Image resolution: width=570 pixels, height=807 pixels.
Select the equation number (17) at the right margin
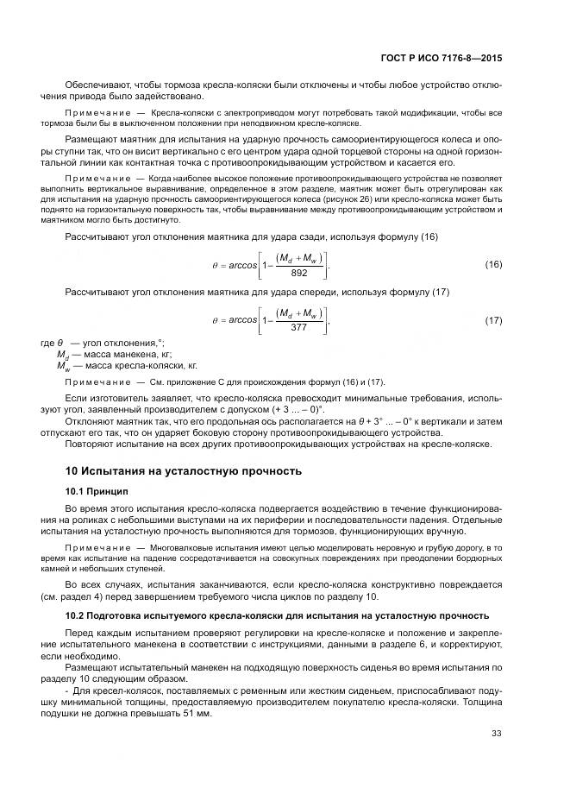493,320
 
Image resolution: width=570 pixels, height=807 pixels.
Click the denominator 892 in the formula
299,273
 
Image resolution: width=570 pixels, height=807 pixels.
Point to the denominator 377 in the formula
299,329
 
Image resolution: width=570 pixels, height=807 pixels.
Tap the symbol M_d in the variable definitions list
62,355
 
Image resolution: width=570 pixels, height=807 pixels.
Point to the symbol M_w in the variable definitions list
62,365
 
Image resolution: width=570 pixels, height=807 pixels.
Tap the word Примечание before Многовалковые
98,548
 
